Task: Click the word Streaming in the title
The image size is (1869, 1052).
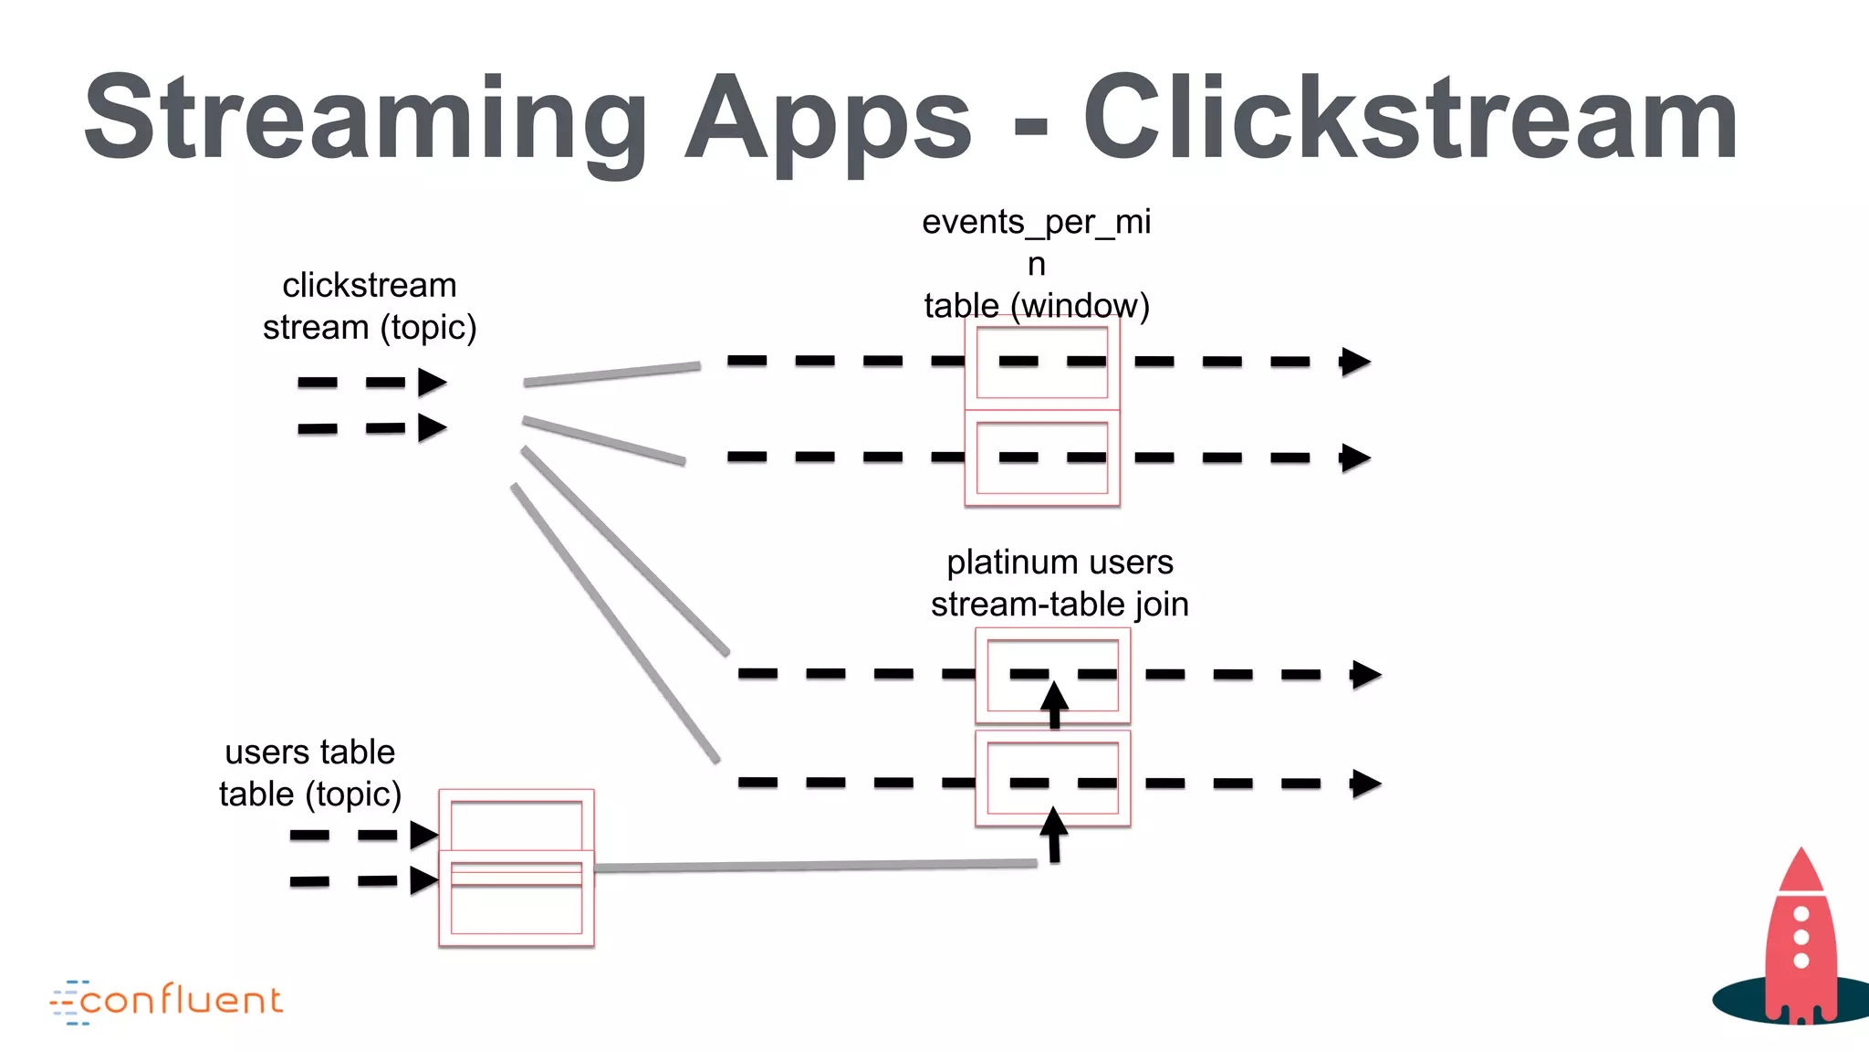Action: (365, 119)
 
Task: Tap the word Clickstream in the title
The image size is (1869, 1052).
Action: (1410, 119)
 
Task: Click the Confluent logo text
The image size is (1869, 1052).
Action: (181, 1001)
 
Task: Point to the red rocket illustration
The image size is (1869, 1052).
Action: (1800, 941)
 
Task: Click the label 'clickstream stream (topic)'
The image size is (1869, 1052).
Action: (370, 306)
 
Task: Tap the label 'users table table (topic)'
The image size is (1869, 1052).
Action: (310, 773)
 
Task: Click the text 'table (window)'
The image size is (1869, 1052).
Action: (1036, 305)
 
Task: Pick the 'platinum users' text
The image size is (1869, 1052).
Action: (1060, 562)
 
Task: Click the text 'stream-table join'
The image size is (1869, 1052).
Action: (1060, 604)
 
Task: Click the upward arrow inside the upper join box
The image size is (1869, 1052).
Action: (1054, 704)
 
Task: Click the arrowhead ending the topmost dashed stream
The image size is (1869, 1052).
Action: (1355, 362)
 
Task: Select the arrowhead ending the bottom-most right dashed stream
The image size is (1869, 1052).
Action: (1365, 784)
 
